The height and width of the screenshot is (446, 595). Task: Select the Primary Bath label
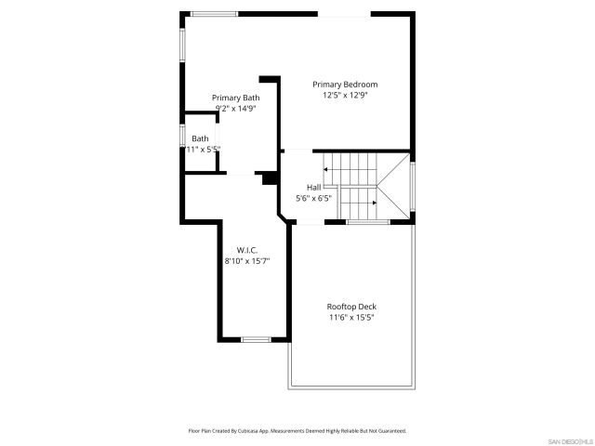point(235,98)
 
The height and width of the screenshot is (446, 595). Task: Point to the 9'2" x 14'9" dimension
point(235,109)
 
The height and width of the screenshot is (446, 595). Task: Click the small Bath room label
point(200,138)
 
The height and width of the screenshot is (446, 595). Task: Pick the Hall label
point(313,187)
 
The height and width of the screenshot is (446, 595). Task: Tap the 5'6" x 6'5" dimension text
point(313,198)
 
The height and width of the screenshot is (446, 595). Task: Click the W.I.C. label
point(246,250)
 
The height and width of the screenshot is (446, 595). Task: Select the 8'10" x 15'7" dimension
point(246,261)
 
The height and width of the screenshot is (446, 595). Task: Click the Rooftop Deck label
point(350,307)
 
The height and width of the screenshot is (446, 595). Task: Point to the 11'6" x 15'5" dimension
point(350,318)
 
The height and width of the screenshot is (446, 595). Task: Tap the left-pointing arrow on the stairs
point(326,170)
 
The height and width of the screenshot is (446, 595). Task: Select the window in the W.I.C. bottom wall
point(255,339)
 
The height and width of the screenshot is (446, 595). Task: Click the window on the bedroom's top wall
point(214,13)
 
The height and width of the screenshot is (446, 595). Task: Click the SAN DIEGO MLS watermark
point(569,439)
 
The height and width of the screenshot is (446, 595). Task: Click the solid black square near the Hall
point(270,178)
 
